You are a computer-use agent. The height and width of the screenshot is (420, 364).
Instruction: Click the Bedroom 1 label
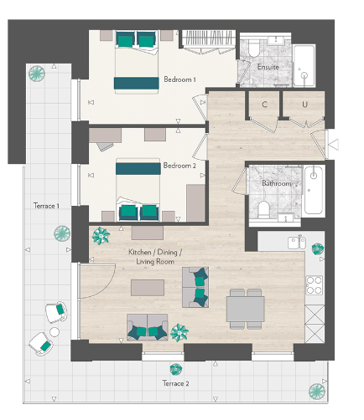[179, 79]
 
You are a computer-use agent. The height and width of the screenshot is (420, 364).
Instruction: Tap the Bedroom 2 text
[179, 166]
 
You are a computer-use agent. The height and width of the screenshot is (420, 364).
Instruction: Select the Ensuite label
[268, 67]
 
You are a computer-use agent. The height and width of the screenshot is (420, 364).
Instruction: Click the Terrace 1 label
[46, 206]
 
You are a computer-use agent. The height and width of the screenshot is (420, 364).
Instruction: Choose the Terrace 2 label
[175, 383]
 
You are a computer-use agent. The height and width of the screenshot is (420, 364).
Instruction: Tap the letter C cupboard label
[264, 105]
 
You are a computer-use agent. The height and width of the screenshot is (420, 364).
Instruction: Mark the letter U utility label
[305, 105]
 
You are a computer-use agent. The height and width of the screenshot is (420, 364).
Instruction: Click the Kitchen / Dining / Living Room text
[154, 257]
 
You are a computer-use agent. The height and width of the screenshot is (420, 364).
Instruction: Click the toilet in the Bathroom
[263, 208]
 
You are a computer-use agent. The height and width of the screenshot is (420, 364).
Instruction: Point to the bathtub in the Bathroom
[314, 189]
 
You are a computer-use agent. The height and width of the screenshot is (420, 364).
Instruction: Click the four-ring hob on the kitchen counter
[314, 285]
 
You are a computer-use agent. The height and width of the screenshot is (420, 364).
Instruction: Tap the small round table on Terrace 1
[55, 331]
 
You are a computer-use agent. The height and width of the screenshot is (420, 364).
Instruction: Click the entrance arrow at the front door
[333, 145]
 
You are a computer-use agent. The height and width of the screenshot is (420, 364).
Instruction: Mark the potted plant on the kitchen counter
[317, 248]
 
